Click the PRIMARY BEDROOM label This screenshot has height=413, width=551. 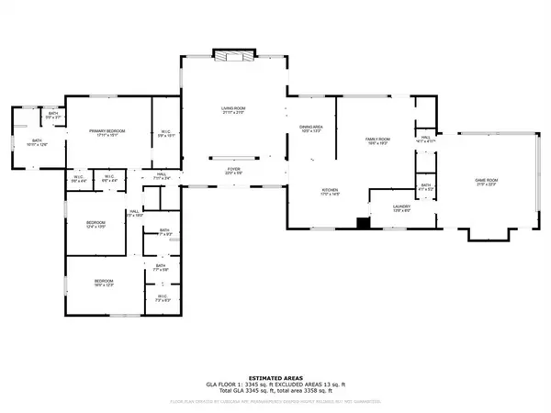click(107, 131)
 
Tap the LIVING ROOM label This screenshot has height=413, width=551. click(232, 109)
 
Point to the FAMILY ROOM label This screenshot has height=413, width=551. click(373, 137)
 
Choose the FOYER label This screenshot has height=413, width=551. click(233, 170)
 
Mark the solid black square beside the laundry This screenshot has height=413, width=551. click(363, 221)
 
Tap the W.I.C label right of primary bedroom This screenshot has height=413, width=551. click(165, 135)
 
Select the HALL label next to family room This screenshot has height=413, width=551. click(424, 137)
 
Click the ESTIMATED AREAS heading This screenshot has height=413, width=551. click(275, 365)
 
